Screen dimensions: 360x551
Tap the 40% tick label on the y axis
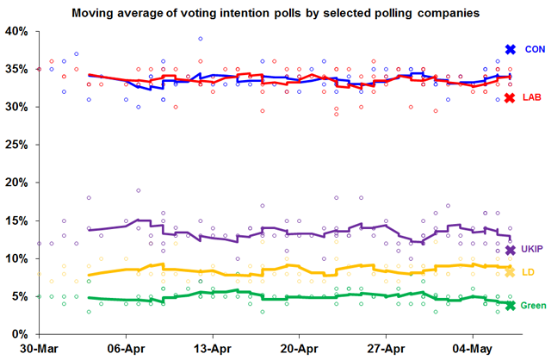click(x=16, y=32)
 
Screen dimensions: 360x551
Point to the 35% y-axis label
click(x=16, y=70)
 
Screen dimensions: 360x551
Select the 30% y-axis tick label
click(x=16, y=108)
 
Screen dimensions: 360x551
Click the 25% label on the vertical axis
click(x=16, y=146)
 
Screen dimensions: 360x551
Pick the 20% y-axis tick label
click(x=16, y=183)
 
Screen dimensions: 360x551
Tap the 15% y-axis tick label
click(x=16, y=221)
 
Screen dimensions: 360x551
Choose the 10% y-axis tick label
click(x=16, y=259)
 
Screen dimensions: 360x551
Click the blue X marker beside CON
click(x=510, y=50)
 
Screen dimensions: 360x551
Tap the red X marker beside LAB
click(x=510, y=98)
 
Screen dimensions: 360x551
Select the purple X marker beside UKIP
click(x=510, y=250)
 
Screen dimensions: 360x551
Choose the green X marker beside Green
click(x=510, y=306)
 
